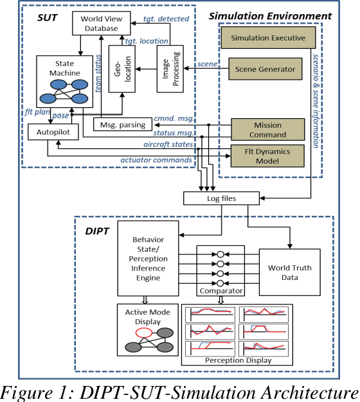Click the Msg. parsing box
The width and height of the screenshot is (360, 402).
122,123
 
